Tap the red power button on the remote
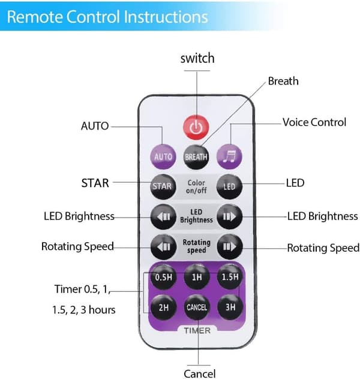[x=196, y=127]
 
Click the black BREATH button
[x=196, y=157]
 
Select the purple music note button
[x=229, y=156]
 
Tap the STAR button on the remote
[x=163, y=186]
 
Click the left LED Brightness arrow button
[x=163, y=216]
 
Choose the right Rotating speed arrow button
[x=229, y=247]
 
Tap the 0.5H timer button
[x=164, y=277]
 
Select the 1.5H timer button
[x=230, y=277]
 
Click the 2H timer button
[x=164, y=307]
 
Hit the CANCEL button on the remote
[x=197, y=307]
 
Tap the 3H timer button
[x=230, y=307]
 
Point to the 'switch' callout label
[x=197, y=59]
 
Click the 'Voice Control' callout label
[x=314, y=122]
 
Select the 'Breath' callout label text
[x=283, y=81]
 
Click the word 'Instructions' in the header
[x=166, y=17]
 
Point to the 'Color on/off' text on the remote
[x=196, y=186]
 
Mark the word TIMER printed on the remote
[x=197, y=331]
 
